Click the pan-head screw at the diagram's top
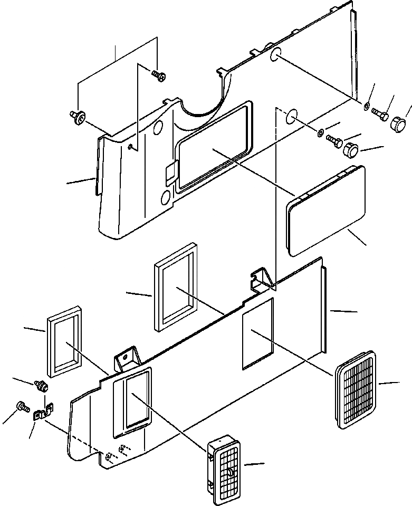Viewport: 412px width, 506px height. pos(158,75)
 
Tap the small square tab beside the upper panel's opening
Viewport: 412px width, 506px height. pos(169,174)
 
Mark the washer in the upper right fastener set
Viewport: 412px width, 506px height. pos(366,107)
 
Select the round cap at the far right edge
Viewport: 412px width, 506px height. pos(401,126)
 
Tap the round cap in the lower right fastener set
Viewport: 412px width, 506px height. pos(351,150)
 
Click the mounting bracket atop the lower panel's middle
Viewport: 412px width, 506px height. pos(263,279)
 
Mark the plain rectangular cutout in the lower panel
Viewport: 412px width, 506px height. pos(258,333)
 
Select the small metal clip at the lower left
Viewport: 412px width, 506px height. pos(43,412)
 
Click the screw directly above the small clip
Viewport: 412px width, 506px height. pos(40,386)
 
